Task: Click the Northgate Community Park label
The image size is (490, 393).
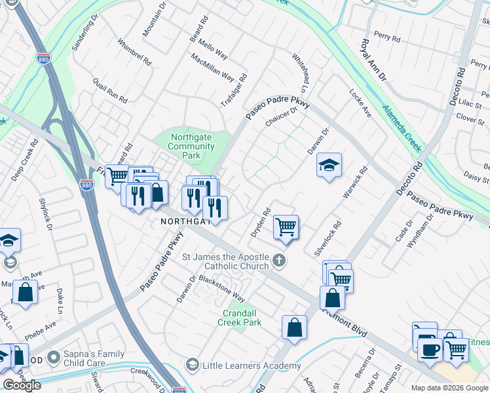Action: coord(191,146)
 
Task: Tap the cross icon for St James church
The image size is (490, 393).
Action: coord(280,261)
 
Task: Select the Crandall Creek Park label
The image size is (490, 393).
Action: coord(242,318)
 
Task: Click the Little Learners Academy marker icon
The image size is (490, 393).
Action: coord(193,364)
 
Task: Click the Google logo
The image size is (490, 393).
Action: coord(22,385)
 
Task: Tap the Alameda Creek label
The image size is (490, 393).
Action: coord(402,128)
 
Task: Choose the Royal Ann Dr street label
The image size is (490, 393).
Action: coord(373,60)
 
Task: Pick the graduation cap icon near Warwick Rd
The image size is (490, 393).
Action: coord(330,165)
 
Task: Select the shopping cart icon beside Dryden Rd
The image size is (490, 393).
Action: coord(286,227)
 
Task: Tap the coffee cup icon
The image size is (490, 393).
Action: coord(430,349)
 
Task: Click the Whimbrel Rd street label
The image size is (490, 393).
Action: coord(134,52)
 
